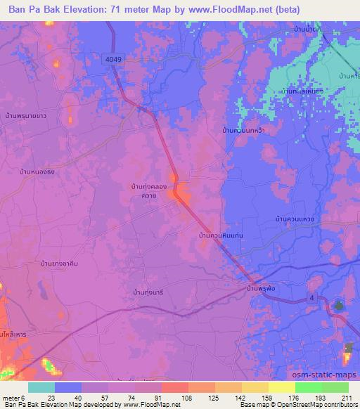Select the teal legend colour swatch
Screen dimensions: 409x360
tap(41, 387)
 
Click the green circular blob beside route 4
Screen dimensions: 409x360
tap(339, 306)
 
